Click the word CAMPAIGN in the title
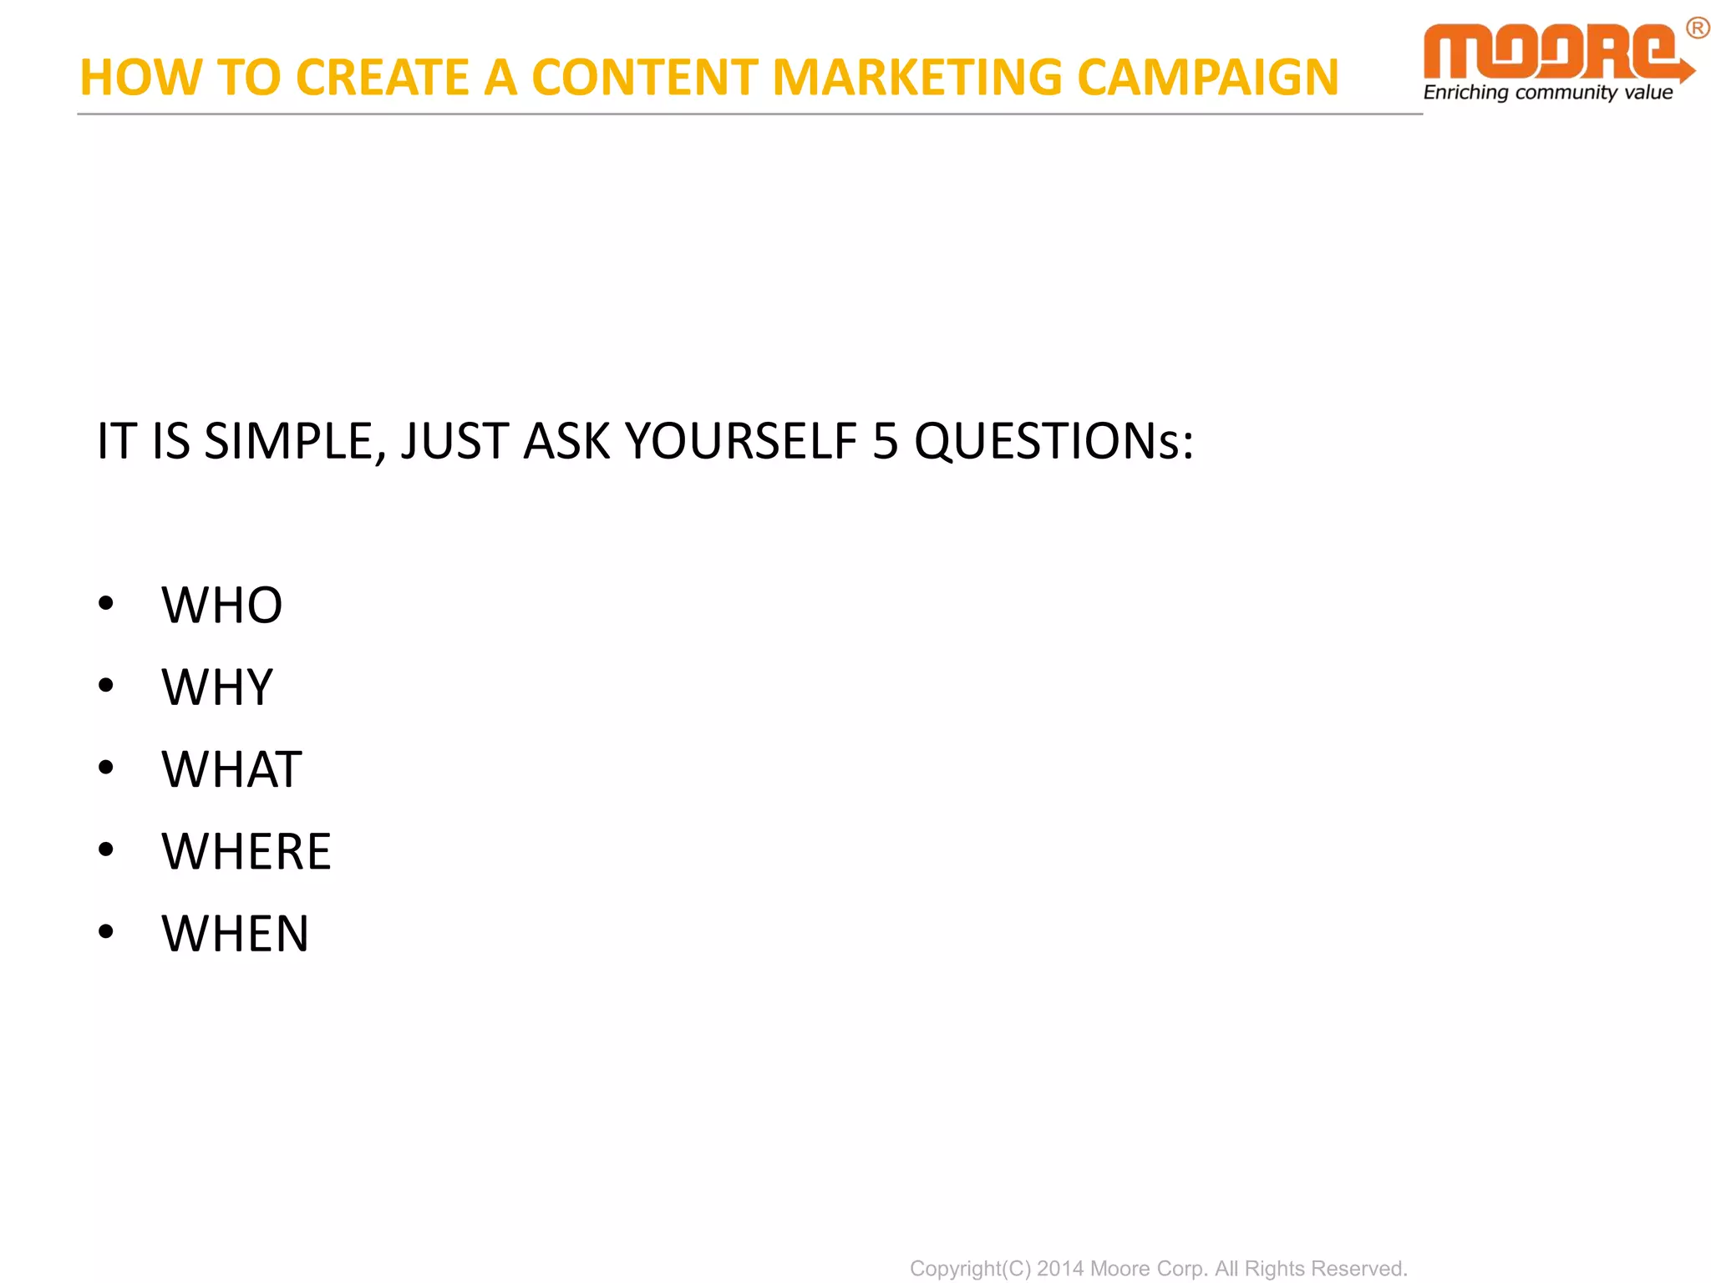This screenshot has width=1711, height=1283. tap(1207, 78)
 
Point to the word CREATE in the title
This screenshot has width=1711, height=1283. tap(382, 78)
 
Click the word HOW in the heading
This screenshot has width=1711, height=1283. tap(140, 78)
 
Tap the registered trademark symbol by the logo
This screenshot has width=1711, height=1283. tap(1697, 29)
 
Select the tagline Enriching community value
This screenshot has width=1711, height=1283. tap(1547, 93)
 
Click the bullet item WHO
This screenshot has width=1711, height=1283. tap(222, 606)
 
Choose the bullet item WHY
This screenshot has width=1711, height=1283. tap(217, 687)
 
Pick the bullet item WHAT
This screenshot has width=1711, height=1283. tap(231, 769)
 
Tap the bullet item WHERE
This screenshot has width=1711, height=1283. tap(246, 852)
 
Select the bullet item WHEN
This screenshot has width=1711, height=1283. tap(235, 934)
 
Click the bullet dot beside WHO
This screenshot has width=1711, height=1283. tap(105, 603)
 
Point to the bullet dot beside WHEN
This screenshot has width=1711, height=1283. tap(105, 931)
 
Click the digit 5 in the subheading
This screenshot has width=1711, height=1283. tap(885, 441)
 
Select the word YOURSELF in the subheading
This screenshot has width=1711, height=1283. tap(741, 441)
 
